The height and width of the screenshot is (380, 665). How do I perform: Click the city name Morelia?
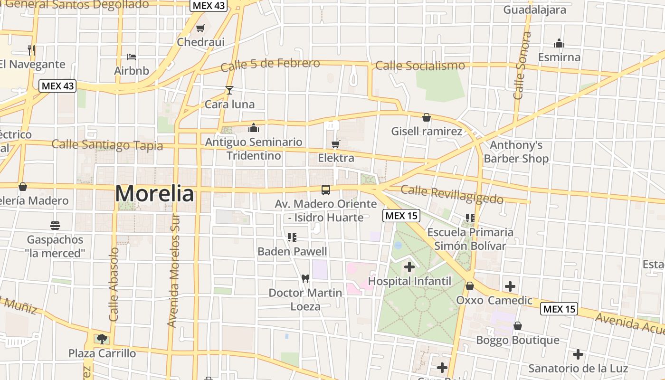[154, 194]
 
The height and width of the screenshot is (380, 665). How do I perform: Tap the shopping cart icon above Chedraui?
[200, 28]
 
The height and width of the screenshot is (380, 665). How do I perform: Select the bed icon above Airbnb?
[132, 57]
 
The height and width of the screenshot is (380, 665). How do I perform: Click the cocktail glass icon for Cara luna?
[229, 90]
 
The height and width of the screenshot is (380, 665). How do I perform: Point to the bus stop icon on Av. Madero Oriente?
[326, 190]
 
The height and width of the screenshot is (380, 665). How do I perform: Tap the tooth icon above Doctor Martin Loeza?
[305, 278]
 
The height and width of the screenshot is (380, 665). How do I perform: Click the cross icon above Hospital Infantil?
[409, 267]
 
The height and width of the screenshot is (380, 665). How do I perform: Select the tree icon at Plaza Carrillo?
[102, 339]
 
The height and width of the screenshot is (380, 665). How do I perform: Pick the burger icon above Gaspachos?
[55, 225]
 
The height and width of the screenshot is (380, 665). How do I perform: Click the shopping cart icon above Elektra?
[336, 144]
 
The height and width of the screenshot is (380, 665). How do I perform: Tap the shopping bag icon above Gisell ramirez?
[427, 117]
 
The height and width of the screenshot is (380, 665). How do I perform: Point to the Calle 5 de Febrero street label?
[270, 65]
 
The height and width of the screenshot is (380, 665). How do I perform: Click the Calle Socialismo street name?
[420, 66]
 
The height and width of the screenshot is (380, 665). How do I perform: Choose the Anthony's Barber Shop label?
[516, 152]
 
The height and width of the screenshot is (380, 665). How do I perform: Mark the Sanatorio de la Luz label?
[578, 368]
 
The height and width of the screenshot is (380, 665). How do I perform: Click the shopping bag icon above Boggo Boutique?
[518, 326]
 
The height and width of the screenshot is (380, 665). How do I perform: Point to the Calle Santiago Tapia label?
[107, 145]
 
